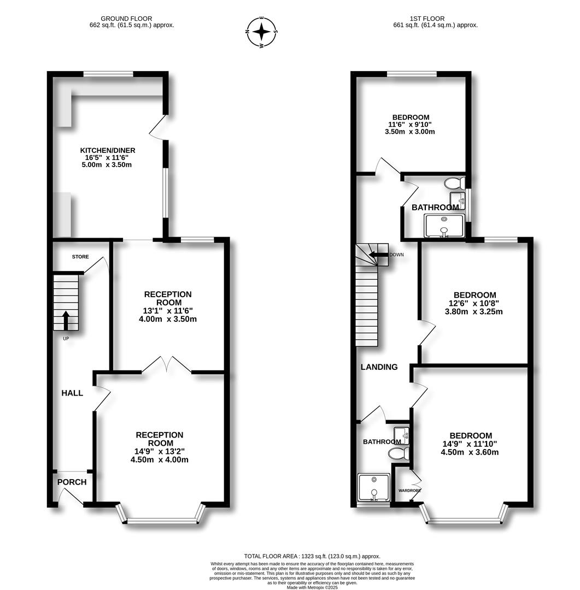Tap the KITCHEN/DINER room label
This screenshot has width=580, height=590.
108,150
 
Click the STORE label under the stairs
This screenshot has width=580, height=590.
80,257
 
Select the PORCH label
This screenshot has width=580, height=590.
72,482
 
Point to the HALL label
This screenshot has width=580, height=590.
72,393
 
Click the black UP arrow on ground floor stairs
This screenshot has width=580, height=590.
66,320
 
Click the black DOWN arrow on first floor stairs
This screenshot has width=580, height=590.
377,255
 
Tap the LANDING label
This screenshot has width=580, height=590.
379,367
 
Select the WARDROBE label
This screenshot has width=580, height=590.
409,491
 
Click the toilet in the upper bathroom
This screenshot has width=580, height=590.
454,183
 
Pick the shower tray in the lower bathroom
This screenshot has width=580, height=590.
374,487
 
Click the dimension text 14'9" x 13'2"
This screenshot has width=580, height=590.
159,451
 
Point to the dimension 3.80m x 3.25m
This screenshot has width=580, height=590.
473,312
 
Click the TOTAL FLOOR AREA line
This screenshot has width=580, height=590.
312,556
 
